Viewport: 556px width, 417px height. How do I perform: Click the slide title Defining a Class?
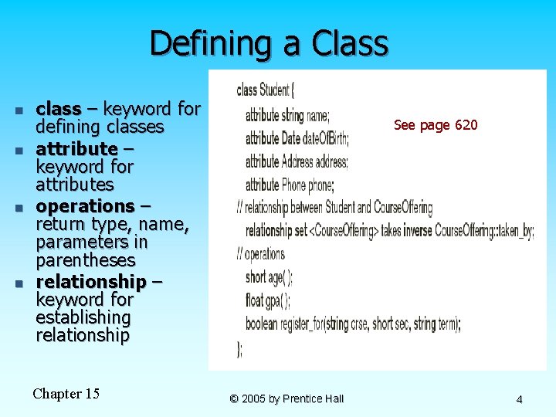pos(269,43)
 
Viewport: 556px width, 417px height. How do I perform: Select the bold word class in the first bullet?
pos(59,109)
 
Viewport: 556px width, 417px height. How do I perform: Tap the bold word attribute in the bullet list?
pos(76,147)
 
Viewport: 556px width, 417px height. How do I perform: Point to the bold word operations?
pos(85,206)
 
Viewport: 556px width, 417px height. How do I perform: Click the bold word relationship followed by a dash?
pos(91,280)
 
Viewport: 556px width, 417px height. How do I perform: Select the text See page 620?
pos(436,125)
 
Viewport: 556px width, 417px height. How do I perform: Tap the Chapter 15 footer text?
pos(66,394)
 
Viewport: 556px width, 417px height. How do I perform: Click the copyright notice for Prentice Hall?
pos(286,398)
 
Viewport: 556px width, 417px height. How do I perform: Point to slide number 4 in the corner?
pos(519,399)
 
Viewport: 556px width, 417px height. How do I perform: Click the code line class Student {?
pos(266,90)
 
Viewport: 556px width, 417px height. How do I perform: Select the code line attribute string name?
pos(287,116)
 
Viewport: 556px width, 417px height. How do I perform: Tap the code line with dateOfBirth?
pos(297,139)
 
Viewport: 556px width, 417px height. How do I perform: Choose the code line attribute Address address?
pos(297,162)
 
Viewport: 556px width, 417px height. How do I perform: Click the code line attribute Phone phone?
pos(289,185)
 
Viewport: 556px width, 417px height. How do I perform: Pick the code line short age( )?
pos(269,277)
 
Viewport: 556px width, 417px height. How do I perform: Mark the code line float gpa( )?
pos(267,300)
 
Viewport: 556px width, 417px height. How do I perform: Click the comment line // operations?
pos(261,254)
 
